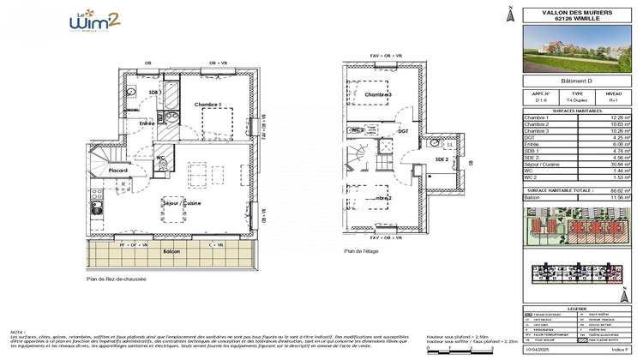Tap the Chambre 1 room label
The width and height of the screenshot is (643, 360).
click(207, 105)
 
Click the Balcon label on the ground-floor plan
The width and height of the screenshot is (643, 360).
click(171, 251)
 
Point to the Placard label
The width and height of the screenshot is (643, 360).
click(117, 171)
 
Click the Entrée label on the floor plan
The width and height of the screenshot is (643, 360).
click(147, 123)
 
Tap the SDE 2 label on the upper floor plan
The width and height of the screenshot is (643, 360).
click(442, 159)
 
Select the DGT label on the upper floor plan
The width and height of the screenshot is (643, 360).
click(402, 132)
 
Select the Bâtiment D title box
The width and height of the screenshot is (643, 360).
click(576, 81)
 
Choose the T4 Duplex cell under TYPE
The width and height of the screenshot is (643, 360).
click(577, 99)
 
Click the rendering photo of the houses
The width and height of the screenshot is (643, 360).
click(576, 48)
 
